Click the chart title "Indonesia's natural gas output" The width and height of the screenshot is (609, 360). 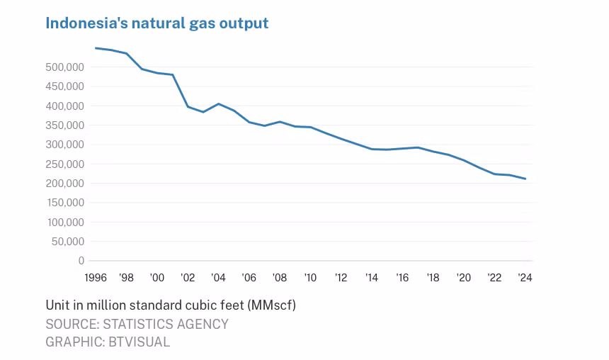[157, 23]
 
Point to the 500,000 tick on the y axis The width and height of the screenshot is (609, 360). [65, 67]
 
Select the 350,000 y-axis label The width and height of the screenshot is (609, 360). [65, 125]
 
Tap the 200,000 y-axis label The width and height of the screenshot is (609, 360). [65, 183]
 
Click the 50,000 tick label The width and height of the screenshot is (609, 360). [67, 242]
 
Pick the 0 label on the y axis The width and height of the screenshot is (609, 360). [81, 261]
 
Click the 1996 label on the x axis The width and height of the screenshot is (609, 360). [96, 278]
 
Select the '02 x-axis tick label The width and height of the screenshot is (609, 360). [188, 278]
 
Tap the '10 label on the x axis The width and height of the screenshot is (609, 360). [310, 278]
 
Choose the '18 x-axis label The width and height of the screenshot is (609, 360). [433, 278]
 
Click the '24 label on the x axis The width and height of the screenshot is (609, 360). [525, 278]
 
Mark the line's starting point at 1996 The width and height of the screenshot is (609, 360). [96, 48]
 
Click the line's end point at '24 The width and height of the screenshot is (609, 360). [525, 179]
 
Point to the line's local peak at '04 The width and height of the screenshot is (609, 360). [218, 103]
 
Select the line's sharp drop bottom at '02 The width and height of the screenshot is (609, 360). [188, 106]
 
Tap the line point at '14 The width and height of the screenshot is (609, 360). [372, 149]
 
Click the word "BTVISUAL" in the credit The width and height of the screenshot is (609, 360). [139, 342]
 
